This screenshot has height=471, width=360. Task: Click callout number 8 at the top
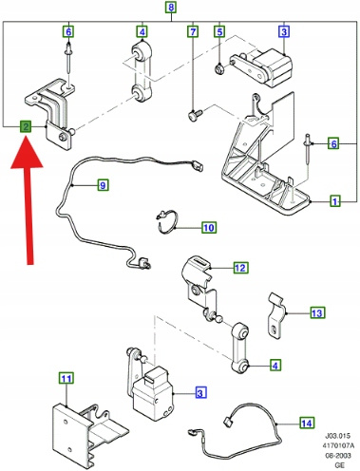[171, 7]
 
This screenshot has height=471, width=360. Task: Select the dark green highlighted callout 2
[26, 127]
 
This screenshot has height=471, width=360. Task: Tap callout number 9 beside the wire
[103, 185]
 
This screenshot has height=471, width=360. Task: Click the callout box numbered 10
[209, 228]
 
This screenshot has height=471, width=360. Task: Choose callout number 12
[240, 268]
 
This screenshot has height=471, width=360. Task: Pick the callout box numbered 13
[316, 313]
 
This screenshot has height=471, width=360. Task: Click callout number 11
[66, 379]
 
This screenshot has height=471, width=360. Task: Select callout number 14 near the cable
[307, 424]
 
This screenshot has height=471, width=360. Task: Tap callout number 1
[335, 201]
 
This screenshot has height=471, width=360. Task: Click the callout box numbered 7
[193, 31]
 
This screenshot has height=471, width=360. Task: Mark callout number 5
[219, 31]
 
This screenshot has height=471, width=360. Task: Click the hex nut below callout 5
[219, 68]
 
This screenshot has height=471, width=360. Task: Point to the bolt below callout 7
[196, 114]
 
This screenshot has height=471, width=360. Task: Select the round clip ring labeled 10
[167, 222]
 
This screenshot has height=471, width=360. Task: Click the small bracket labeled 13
[275, 315]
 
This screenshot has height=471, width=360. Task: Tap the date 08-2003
[338, 456]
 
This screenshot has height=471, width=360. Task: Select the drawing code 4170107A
[338, 445]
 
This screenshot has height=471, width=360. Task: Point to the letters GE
[339, 465]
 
